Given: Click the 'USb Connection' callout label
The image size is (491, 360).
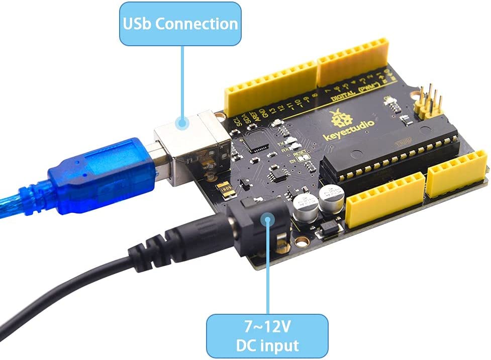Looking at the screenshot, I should [178, 24].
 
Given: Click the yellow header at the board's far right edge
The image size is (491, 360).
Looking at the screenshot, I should [457, 171].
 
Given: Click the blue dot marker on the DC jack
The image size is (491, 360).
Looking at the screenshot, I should [268, 219].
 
